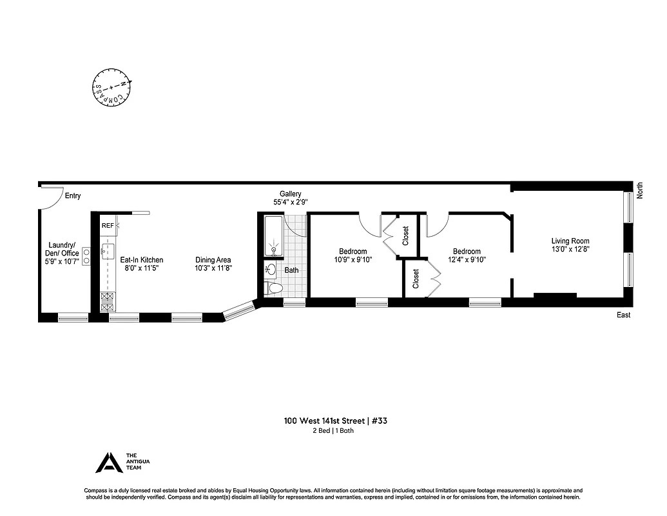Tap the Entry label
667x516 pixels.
click(x=72, y=196)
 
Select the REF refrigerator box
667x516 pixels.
click(x=108, y=226)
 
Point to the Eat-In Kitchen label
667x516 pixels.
click(x=142, y=260)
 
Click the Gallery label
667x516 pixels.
click(x=290, y=194)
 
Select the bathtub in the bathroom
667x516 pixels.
click(x=273, y=236)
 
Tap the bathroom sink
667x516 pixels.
click(x=271, y=270)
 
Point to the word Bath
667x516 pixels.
click(x=292, y=270)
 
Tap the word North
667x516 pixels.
click(x=639, y=190)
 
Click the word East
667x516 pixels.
click(x=623, y=315)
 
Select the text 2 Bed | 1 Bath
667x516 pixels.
click(x=333, y=431)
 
